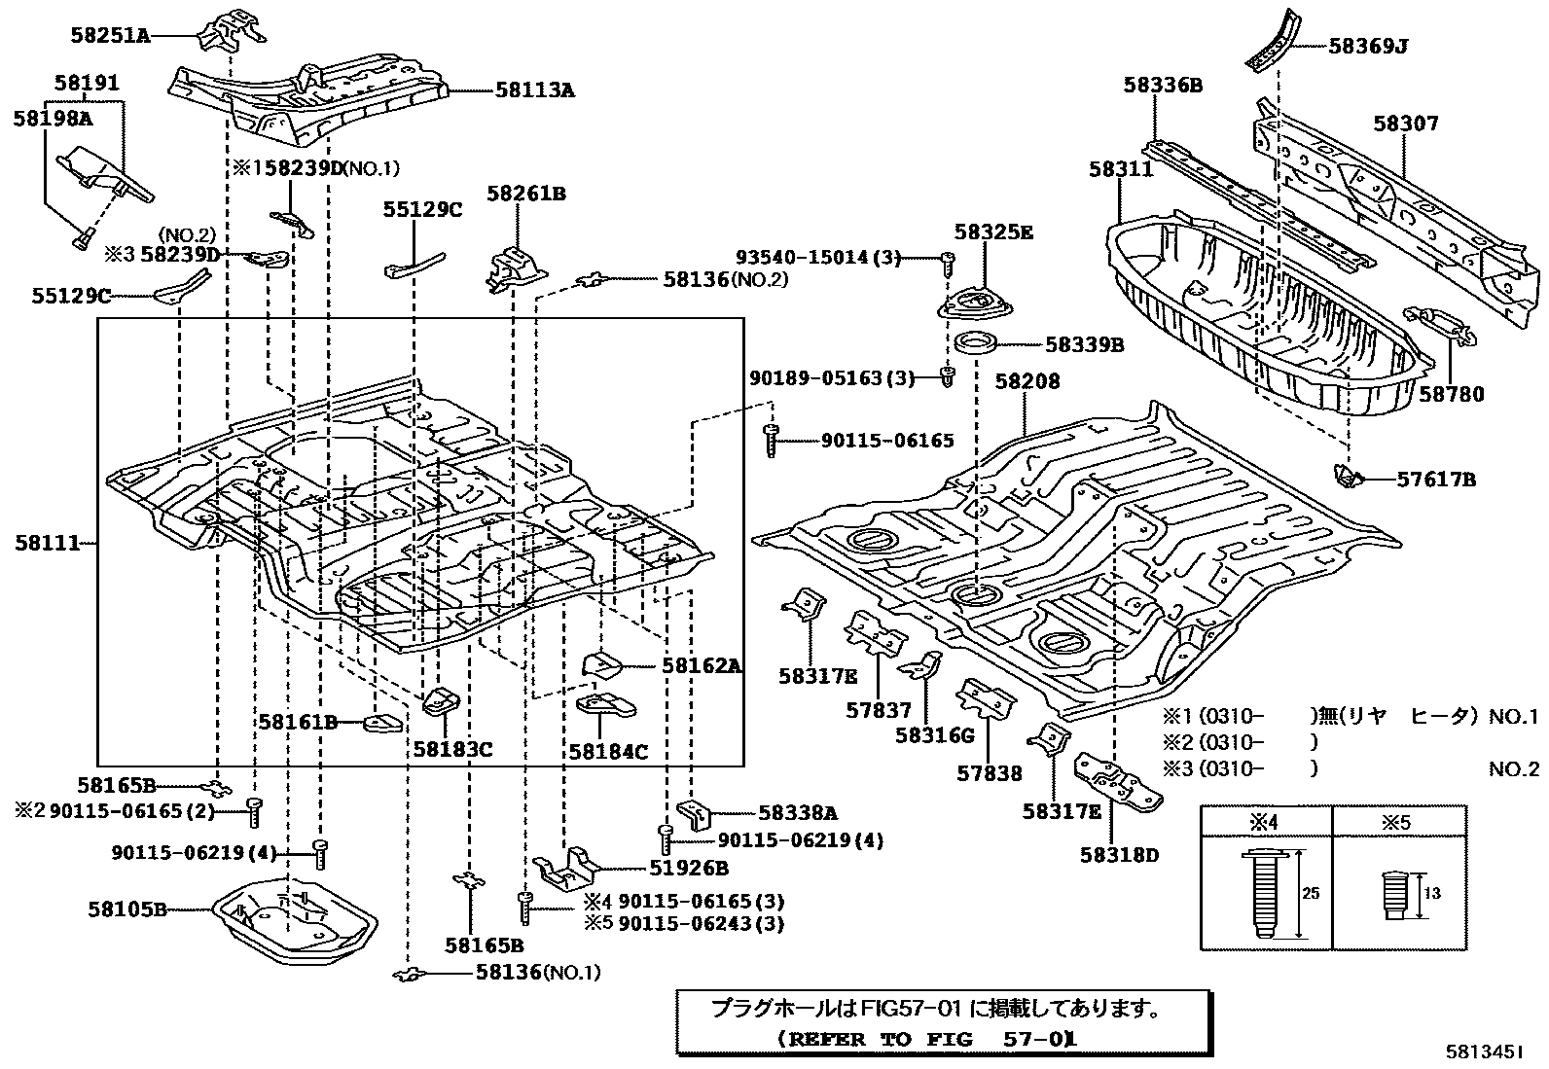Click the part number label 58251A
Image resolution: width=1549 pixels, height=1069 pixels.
(110, 36)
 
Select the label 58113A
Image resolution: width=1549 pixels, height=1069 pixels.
(534, 90)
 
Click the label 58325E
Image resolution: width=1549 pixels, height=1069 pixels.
(992, 232)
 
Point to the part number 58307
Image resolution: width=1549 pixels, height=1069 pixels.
(1405, 124)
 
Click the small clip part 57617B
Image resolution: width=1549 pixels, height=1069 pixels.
(1346, 477)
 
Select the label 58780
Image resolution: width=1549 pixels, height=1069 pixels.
(1451, 394)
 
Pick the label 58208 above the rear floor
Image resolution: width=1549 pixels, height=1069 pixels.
(1027, 381)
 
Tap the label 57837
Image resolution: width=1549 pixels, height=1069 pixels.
(879, 710)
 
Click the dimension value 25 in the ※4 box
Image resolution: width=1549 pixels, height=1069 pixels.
(1311, 893)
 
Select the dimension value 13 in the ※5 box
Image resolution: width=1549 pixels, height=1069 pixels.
(1431, 893)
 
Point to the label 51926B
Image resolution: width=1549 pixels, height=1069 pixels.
(687, 869)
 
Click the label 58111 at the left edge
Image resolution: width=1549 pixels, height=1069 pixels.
(46, 544)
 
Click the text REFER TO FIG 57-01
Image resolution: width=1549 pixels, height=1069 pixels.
(928, 1038)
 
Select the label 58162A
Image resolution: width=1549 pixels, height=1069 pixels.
(701, 666)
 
